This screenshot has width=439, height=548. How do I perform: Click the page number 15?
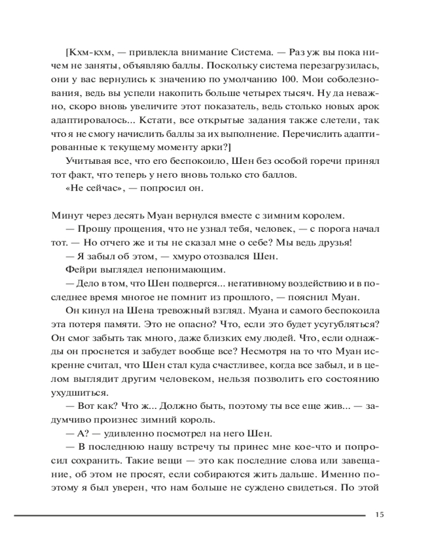coord(379,515)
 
